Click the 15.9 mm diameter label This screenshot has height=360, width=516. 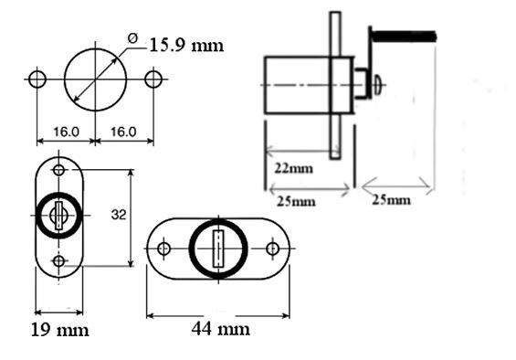[x=185, y=45]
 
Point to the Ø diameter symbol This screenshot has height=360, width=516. [x=133, y=38]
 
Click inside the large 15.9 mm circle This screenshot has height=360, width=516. [x=95, y=79]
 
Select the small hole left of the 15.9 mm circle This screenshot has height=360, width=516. [x=37, y=79]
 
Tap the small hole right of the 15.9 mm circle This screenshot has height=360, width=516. [x=153, y=79]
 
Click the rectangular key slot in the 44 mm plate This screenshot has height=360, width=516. [x=217, y=249]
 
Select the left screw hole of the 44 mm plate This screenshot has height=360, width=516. [x=164, y=249]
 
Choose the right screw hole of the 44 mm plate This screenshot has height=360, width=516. [x=272, y=249]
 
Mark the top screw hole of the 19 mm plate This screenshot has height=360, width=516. [x=59, y=170]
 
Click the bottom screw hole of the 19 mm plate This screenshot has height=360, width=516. [x=59, y=262]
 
